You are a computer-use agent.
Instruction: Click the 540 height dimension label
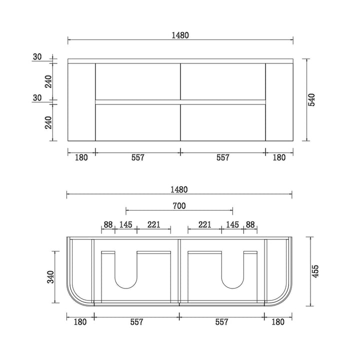312,99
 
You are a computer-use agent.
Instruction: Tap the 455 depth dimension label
315,271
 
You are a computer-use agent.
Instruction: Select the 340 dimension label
50,277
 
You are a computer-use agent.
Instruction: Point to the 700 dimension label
179,205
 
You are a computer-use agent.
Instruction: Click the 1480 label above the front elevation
180,35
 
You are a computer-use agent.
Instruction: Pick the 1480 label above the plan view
179,189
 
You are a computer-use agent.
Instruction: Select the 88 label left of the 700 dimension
108,224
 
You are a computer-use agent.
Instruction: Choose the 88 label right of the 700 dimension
250,224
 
